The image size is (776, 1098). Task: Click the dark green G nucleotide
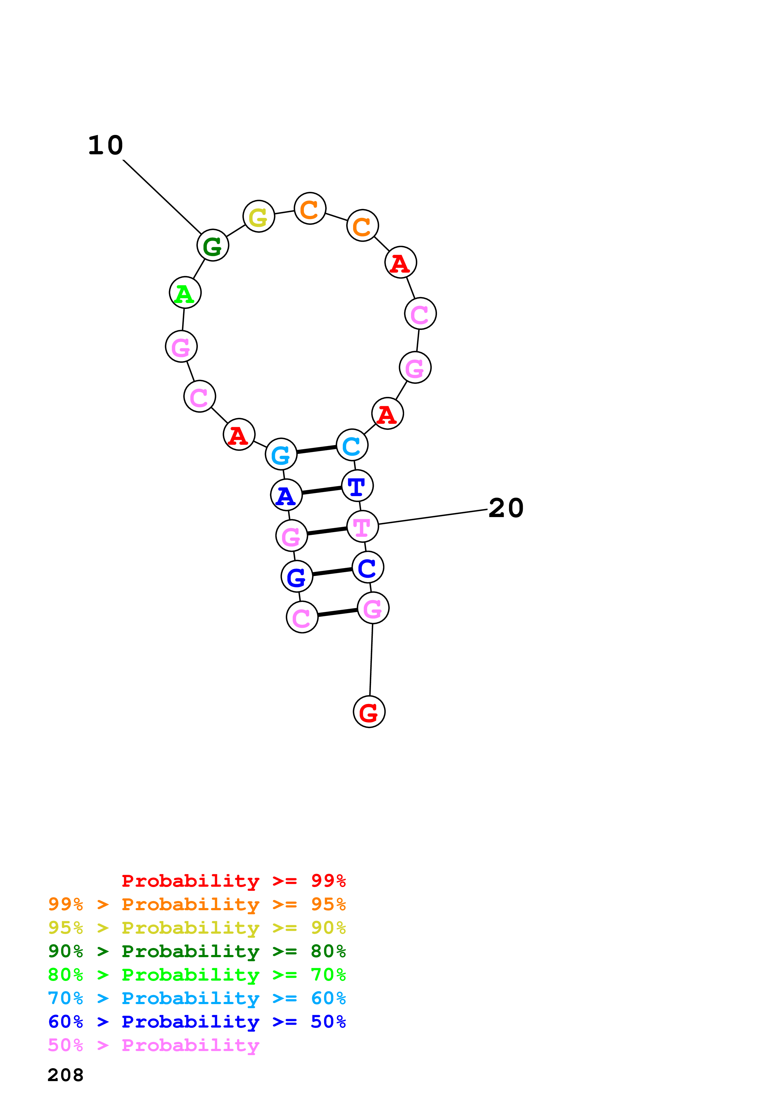pyautogui.click(x=213, y=245)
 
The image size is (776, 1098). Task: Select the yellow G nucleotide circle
pyautogui.click(x=259, y=216)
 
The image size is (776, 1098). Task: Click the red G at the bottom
pyautogui.click(x=369, y=712)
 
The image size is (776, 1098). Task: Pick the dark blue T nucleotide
pyautogui.click(x=357, y=486)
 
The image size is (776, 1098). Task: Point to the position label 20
pyautogui.click(x=506, y=508)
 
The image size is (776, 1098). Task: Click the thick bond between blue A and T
pyautogui.click(x=322, y=490)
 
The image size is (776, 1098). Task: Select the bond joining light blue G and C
pyautogui.click(x=316, y=449)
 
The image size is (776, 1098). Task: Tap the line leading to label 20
pyautogui.click(x=433, y=517)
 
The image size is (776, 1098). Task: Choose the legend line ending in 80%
pyautogui.click(x=197, y=952)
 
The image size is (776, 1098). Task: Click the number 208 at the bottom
pyautogui.click(x=65, y=1075)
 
